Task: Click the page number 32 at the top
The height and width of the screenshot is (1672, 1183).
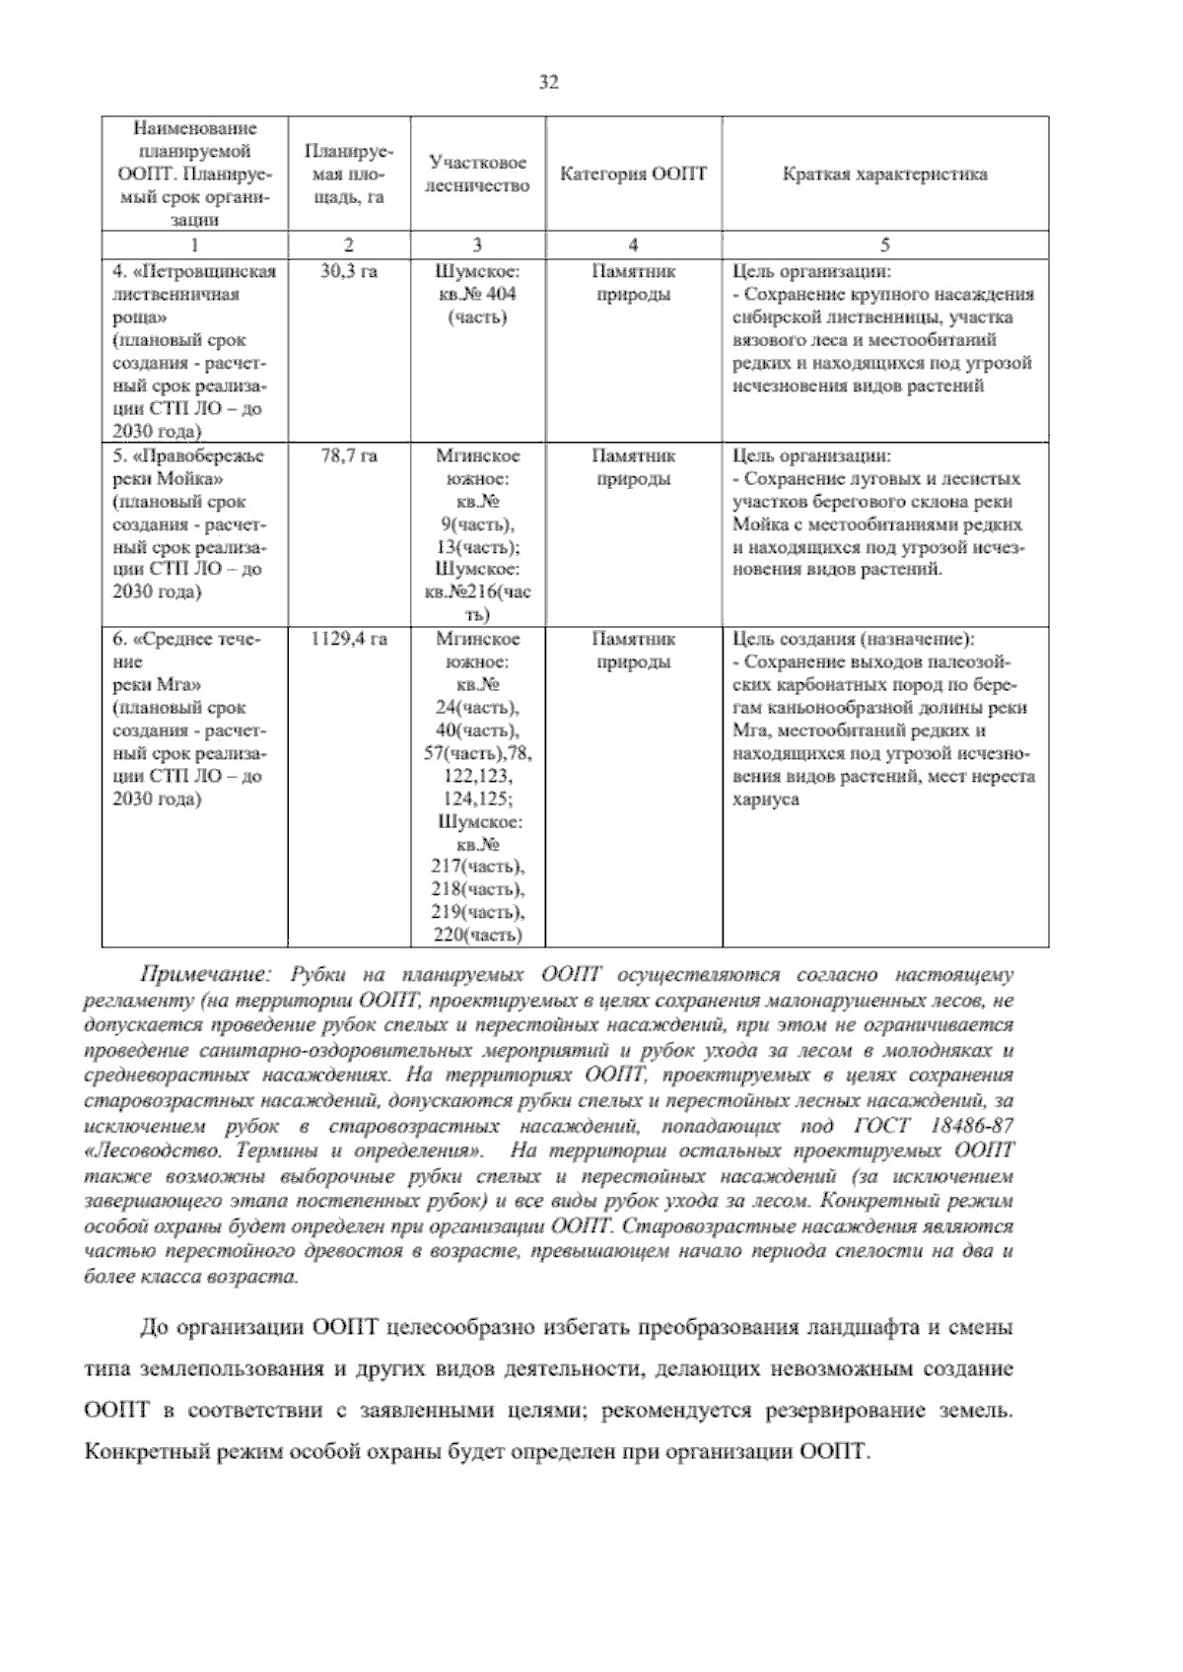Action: tap(549, 84)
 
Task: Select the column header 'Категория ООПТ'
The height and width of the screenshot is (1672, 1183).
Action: tap(633, 174)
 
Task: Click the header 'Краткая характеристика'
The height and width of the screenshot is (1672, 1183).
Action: tap(884, 174)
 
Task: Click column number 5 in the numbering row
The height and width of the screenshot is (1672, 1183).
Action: tap(884, 244)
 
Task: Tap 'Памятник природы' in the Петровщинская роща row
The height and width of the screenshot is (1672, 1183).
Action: tap(633, 283)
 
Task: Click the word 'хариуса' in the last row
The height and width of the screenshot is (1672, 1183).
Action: tap(765, 800)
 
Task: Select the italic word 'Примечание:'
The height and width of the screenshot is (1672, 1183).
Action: tap(205, 975)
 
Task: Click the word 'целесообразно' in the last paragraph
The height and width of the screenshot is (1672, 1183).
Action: tap(455, 1327)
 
